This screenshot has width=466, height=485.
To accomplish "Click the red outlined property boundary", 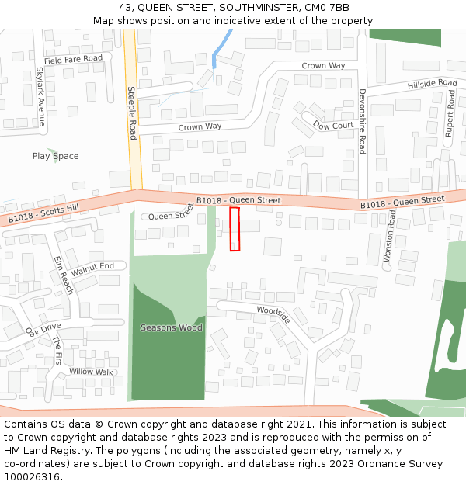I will coord(235,229).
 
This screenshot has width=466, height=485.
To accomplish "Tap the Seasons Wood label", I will coord(171,327).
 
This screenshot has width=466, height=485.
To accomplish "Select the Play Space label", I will coord(55,156).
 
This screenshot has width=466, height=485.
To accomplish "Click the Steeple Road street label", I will coord(132,113).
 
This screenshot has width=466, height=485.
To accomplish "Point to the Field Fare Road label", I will coord(73,60).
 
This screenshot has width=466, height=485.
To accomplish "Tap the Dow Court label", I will coord(333,125).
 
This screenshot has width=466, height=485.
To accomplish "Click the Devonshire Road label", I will coord(362,121).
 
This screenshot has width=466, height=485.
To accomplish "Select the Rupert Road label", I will coord(450,113).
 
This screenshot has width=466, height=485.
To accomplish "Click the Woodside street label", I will coord(273,314).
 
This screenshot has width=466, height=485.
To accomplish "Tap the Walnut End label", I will coord(92,269).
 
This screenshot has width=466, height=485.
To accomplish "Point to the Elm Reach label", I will coord(63,275).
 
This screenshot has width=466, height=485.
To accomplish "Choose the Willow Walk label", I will coord(91,372).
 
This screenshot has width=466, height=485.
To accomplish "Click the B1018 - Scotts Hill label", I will coord(43,213).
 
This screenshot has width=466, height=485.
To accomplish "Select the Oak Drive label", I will coord(43,331).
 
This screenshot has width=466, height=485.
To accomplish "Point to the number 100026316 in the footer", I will coord(31,477).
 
